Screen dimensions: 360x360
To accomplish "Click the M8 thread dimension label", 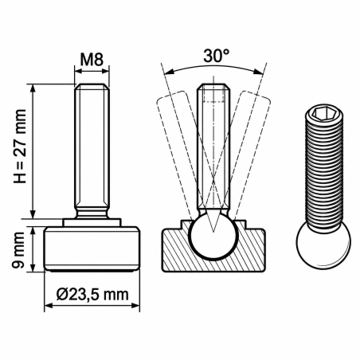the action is click(x=92, y=59).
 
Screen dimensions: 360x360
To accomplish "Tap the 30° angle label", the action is click(x=217, y=56).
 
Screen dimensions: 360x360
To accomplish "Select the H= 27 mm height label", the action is click(x=20, y=146).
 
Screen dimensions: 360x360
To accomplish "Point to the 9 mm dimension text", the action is click(x=18, y=249).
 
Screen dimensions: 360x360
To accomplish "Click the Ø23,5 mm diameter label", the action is click(x=92, y=294).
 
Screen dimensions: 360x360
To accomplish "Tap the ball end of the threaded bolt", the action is click(x=323, y=244).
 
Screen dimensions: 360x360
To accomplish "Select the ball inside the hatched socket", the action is click(x=213, y=235).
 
